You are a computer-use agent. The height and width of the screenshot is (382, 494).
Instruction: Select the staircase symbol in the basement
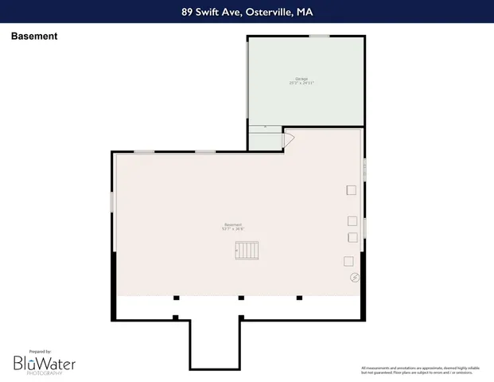pyautogui.click(x=247, y=251)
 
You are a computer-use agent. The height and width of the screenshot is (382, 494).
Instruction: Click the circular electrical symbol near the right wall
pyautogui.click(x=355, y=277)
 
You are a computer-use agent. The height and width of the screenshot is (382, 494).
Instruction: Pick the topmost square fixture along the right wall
pyautogui.click(x=351, y=189)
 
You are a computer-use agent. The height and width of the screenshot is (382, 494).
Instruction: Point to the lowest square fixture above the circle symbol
pyautogui.click(x=348, y=261)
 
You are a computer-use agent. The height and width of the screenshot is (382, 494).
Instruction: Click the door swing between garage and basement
pyautogui.click(x=289, y=140)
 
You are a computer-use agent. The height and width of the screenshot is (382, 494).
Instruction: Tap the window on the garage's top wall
pyautogui.click(x=319, y=36)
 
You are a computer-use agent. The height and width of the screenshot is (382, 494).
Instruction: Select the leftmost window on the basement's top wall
pyautogui.click(x=144, y=151)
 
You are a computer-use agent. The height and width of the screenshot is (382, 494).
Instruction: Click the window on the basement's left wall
pyautogui.click(x=112, y=201)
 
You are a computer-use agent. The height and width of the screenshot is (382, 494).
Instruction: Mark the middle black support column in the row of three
pyautogui.click(x=241, y=298)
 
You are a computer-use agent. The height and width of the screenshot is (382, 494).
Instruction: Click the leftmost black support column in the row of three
pyautogui.click(x=177, y=298)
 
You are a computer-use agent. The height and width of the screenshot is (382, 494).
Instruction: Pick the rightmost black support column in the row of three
pyautogui.click(x=299, y=298)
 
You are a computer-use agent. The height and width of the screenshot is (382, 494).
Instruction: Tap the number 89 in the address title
pyautogui.click(x=187, y=11)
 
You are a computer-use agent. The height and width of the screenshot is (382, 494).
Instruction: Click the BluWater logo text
pyautogui.click(x=44, y=363)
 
